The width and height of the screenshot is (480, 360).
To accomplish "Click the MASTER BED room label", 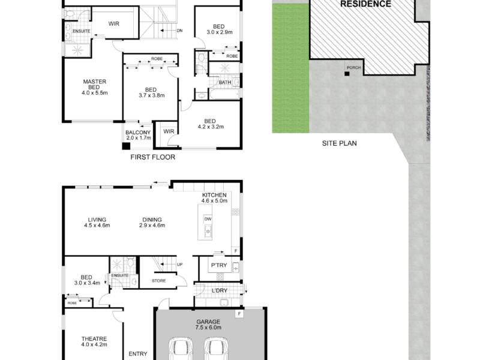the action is (95, 87).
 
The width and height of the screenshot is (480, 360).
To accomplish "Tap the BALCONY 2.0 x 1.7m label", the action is (138, 135).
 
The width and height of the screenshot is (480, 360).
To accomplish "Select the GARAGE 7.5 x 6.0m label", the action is (208, 325).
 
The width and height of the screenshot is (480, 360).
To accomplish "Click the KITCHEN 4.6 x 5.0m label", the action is (214, 198).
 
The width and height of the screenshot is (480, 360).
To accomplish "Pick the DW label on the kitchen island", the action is (208, 219).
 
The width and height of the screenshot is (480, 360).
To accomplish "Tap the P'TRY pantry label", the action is (219, 265).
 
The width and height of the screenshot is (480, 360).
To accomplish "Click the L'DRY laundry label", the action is (220, 290).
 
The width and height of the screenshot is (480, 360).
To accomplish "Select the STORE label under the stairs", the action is (158, 280).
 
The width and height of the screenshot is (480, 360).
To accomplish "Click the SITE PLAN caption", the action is (339, 143).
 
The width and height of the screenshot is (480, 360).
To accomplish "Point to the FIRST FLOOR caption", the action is (153, 157).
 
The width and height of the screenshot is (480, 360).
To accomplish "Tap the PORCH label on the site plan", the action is (354, 68).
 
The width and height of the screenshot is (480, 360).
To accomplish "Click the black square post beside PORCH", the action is (347, 74).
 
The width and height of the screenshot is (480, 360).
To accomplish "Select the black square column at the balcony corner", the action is (126, 146).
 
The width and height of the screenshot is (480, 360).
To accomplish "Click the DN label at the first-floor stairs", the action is (179, 31).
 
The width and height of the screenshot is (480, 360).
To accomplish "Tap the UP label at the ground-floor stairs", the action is (179, 264).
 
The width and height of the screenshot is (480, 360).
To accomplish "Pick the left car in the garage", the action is (181, 349).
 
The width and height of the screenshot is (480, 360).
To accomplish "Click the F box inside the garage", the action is (239, 314).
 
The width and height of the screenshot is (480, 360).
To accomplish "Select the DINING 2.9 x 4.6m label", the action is (152, 223).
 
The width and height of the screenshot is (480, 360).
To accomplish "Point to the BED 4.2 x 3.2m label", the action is (211, 124).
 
